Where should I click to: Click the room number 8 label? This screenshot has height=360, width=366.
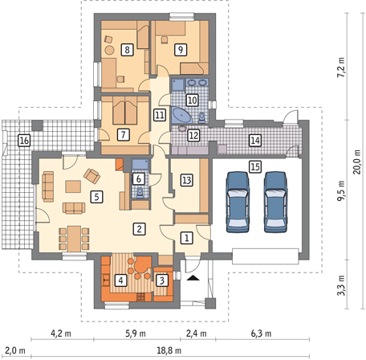pos(127,50)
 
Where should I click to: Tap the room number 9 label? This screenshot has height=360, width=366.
pos(181,50)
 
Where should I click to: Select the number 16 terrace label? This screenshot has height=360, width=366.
pos(24,141)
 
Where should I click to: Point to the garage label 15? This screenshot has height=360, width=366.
pos(255,166)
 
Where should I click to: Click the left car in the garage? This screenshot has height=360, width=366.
pos(238,202)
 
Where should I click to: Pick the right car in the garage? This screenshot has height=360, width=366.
pos(275,202)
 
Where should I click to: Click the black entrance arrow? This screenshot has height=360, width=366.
pos(193,278)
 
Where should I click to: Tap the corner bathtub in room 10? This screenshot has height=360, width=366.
pos(182,116)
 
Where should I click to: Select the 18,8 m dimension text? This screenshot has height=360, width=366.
pos(169,350)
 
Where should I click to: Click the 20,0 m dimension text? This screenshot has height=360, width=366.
pos(357,162)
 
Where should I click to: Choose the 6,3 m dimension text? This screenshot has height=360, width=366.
pos(261,333)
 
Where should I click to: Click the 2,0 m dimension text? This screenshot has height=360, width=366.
pos(15,350)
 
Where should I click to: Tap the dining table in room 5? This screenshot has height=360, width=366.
pos(74,239)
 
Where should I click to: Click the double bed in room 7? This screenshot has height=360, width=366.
pos(125,111)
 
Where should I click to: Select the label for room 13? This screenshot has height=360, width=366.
pos(187,180)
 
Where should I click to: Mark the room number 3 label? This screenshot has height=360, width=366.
pos(162,280)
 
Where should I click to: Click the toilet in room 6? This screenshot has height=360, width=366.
pos(140,193)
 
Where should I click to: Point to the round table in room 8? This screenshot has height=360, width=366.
pos(109,50)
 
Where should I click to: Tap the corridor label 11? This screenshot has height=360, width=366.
pos(160,115)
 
